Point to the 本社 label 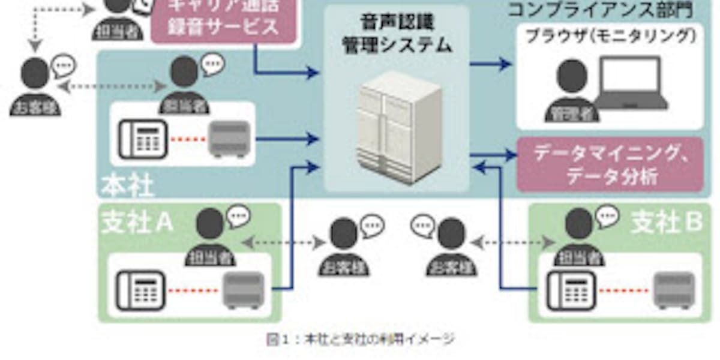127,185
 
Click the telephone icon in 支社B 571,291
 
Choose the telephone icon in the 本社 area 140,139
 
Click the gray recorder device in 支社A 244,290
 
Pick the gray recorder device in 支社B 674,290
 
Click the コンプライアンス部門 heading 600,8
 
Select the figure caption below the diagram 360,340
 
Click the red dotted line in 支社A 191,292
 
